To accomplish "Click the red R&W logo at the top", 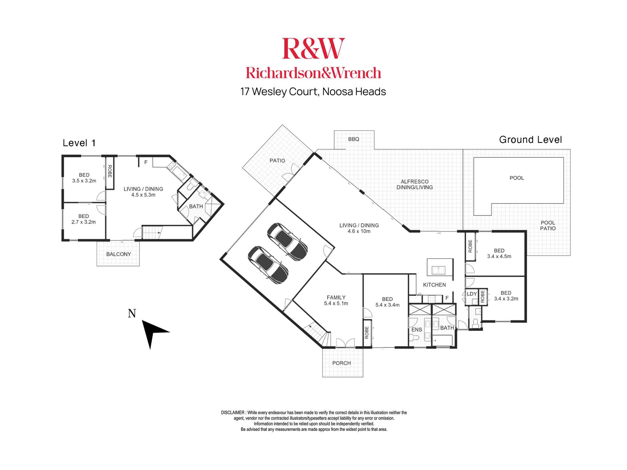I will pyautogui.click(x=313, y=49).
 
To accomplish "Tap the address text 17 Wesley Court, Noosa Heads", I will pyautogui.click(x=313, y=92).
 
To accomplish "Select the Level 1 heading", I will pyautogui.click(x=79, y=143).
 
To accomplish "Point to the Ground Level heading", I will pyautogui.click(x=530, y=140).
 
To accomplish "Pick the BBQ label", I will pyautogui.click(x=354, y=139).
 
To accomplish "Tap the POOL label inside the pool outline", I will pyautogui.click(x=517, y=178).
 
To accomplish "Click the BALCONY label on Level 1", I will pyautogui.click(x=119, y=254).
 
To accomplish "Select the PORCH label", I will pyautogui.click(x=341, y=363).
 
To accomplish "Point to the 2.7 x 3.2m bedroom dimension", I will pyautogui.click(x=84, y=222).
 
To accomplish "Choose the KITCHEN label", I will pyautogui.click(x=434, y=285).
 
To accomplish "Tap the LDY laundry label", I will pyautogui.click(x=472, y=294).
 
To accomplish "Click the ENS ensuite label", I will pyautogui.click(x=417, y=330).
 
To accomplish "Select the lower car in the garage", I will pyautogui.click(x=268, y=265).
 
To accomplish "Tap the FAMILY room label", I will pyautogui.click(x=336, y=297).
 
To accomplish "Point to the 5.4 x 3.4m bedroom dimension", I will pyautogui.click(x=387, y=305).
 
